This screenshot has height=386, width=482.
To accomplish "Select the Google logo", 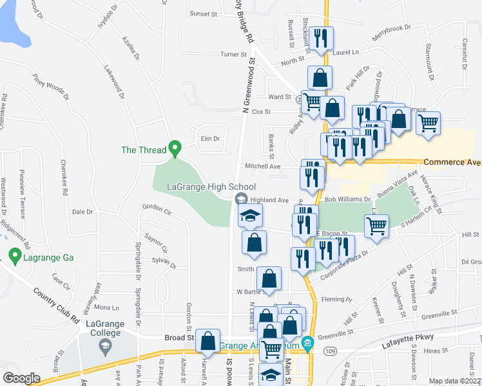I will click(21, 378).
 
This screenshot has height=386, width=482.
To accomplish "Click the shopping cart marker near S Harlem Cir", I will click(376, 226).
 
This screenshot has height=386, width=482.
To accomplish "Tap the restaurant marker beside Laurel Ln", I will click(320, 38).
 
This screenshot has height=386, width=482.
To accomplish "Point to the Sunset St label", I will click(204, 13).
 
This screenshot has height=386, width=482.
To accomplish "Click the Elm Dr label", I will click(211, 138).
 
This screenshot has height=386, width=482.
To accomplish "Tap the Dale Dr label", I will click(83, 212).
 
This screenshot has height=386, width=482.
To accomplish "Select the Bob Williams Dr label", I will click(347, 200).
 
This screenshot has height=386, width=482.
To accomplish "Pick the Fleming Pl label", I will click(341, 299).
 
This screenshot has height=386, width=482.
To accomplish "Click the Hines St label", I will click(436, 351).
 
